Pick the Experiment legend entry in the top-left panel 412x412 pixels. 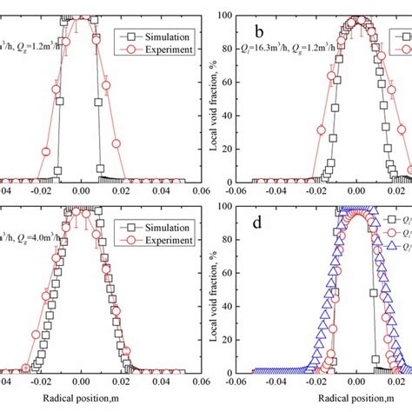(156, 51)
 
